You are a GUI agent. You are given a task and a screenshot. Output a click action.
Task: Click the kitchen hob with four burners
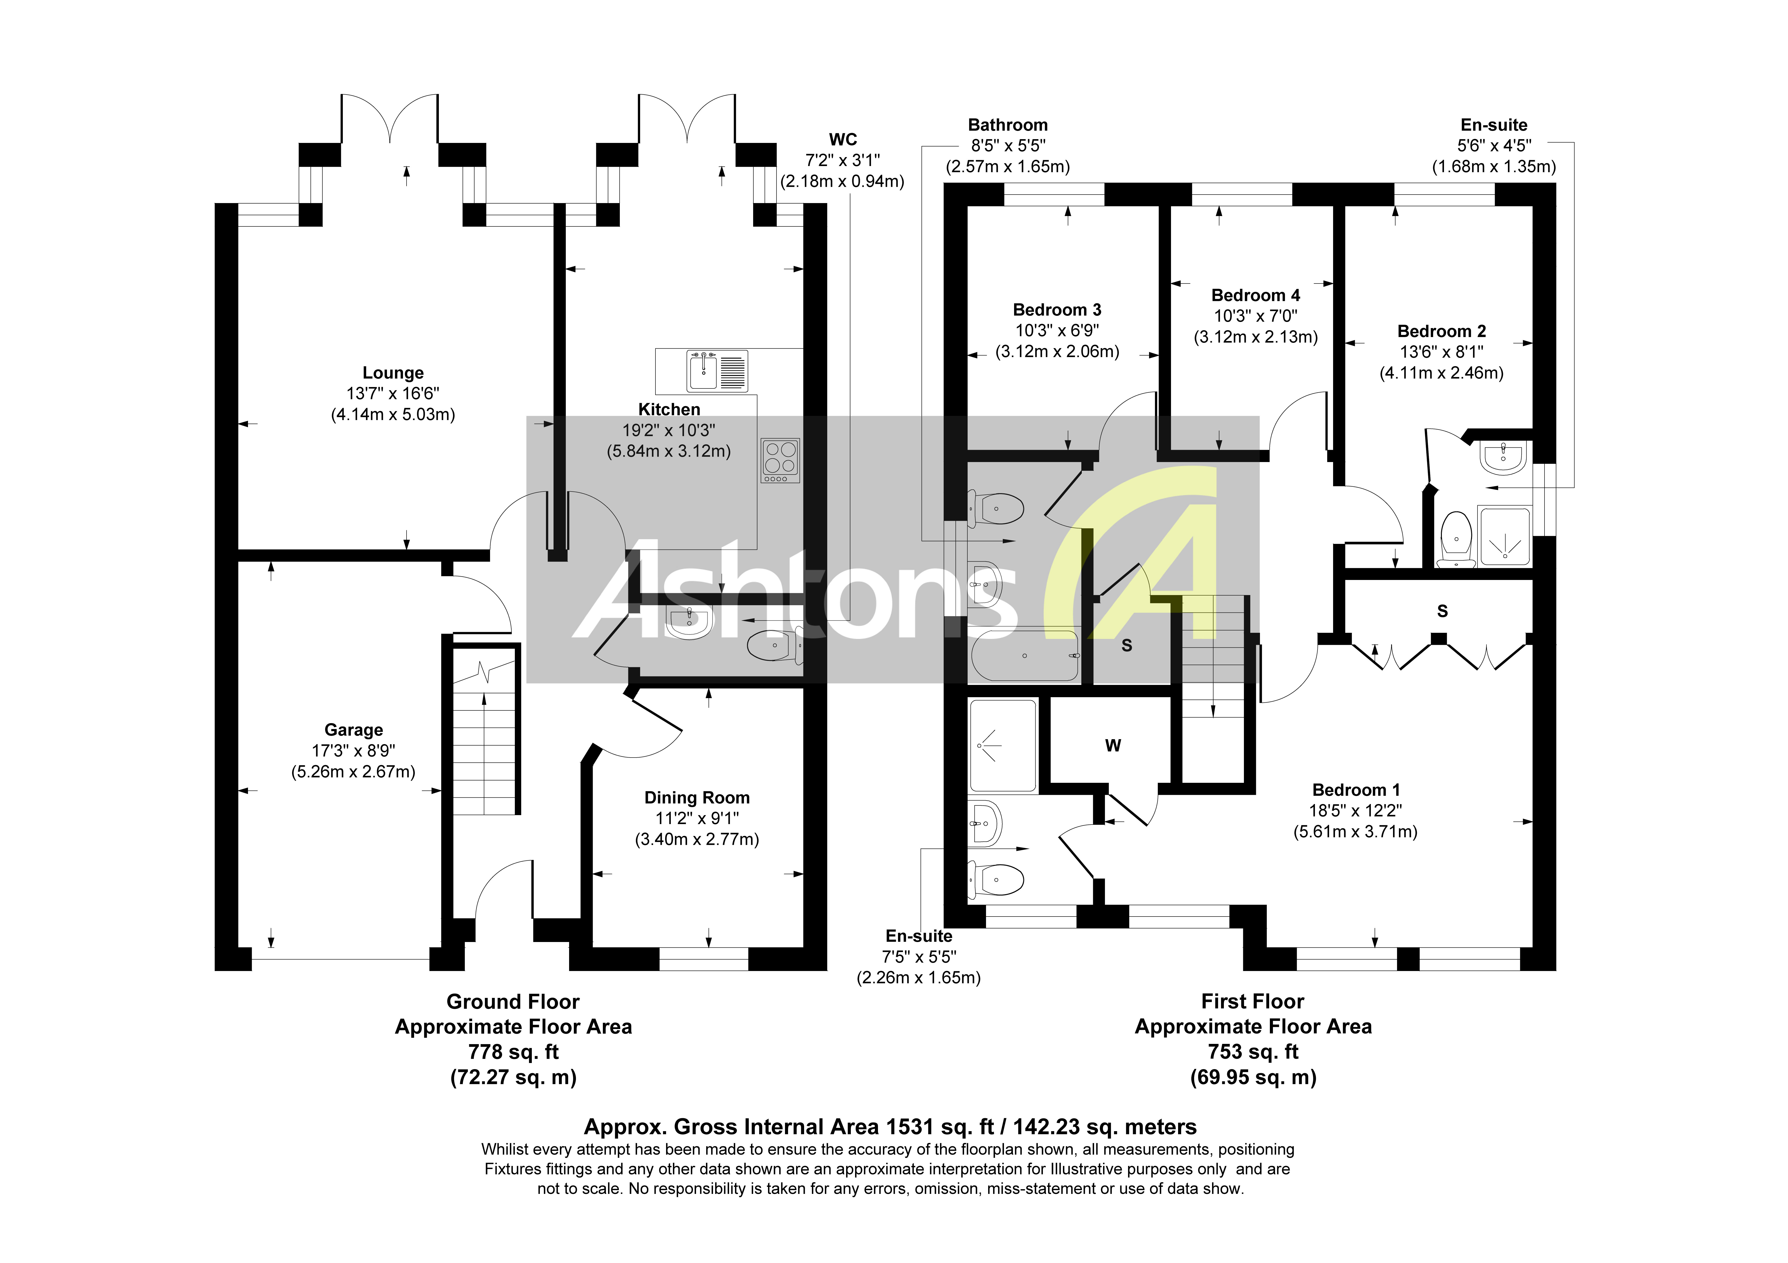pyautogui.click(x=780, y=458)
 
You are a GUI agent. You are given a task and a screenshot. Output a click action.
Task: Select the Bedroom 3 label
pyautogui.click(x=1057, y=310)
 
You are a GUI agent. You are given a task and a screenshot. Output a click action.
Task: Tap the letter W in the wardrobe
pyautogui.click(x=1113, y=746)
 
